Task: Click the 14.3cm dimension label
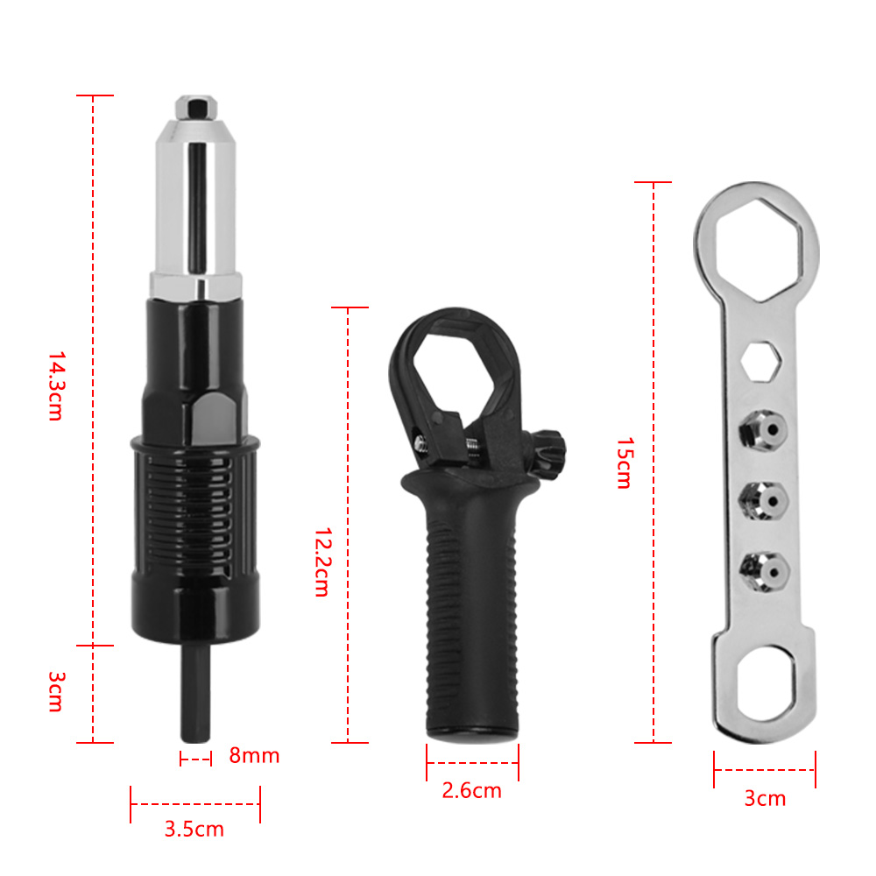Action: pyautogui.click(x=56, y=385)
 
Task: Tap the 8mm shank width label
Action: pyautogui.click(x=254, y=755)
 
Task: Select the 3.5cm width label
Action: pyautogui.click(x=194, y=829)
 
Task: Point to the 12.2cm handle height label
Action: pyautogui.click(x=322, y=562)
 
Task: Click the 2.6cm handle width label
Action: pyautogui.click(x=471, y=790)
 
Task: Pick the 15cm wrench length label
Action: pyautogui.click(x=625, y=463)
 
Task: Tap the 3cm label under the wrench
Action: pyautogui.click(x=765, y=798)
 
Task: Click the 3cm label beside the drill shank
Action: pyautogui.click(x=56, y=692)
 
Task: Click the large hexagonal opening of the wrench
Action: pyautogui.click(x=758, y=249)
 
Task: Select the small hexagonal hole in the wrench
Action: pyautogui.click(x=760, y=362)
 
